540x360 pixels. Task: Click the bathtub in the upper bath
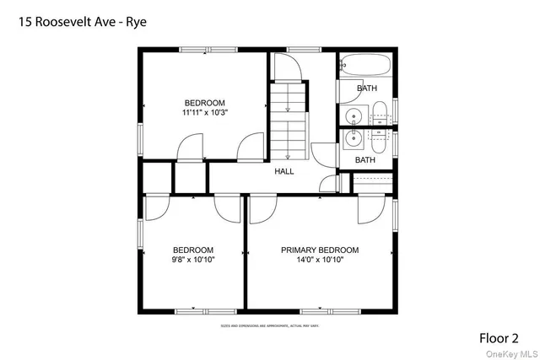pyautogui.click(x=365, y=66)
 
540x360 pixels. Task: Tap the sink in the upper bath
pyautogui.click(x=354, y=116)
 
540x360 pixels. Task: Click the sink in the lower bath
pyautogui.click(x=354, y=139)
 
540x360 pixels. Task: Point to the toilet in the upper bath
pyautogui.click(x=380, y=111)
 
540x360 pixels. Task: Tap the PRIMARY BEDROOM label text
pyautogui.click(x=320, y=250)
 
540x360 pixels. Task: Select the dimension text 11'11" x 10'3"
pyautogui.click(x=205, y=111)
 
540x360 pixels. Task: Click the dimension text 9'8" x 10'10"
pyautogui.click(x=193, y=261)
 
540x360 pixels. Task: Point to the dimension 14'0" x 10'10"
pyautogui.click(x=320, y=261)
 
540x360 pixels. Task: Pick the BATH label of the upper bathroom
pyautogui.click(x=366, y=89)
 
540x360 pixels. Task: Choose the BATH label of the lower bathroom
pyautogui.click(x=365, y=160)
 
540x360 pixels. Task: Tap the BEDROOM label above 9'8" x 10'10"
pyautogui.click(x=193, y=250)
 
